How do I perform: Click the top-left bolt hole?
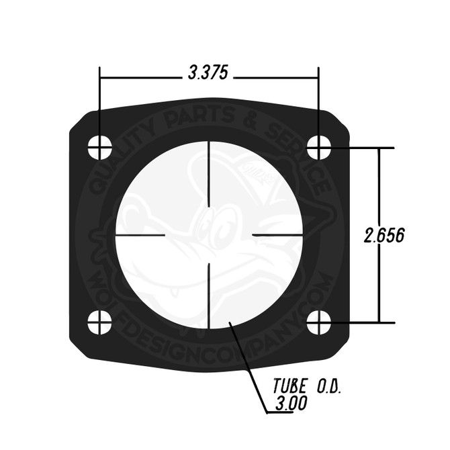pos(100,147)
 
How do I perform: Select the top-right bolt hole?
pos(319,147)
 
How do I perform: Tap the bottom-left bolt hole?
pos(100,322)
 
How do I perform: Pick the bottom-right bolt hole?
pos(319,322)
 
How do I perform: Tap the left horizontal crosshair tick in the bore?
pos(140,235)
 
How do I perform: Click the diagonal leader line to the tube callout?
pos(246,363)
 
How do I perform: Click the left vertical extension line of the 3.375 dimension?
pos(100,101)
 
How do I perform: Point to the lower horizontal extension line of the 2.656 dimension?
pos(363,323)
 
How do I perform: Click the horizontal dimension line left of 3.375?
pos(141,75)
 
